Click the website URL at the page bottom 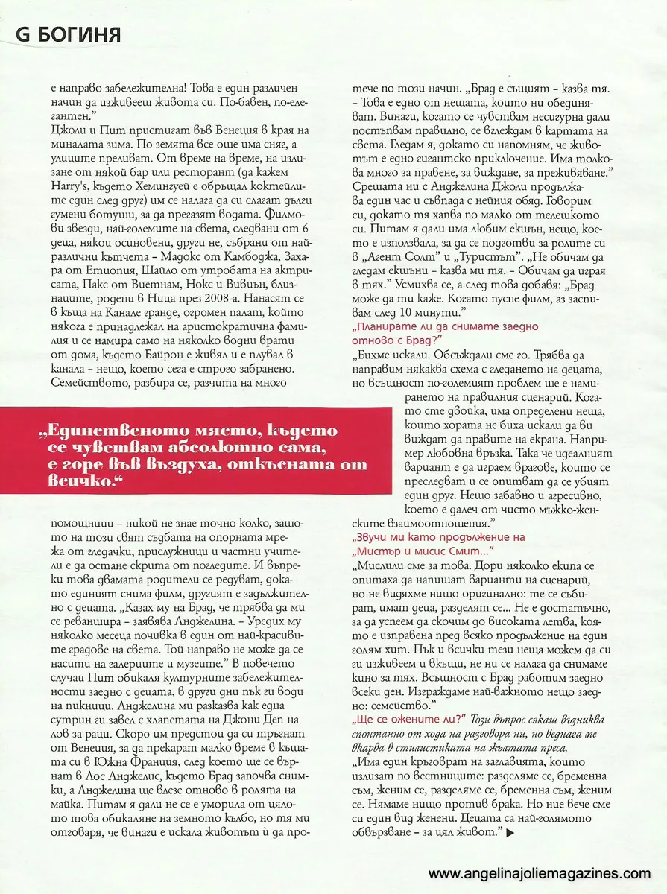coord(540,874)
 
